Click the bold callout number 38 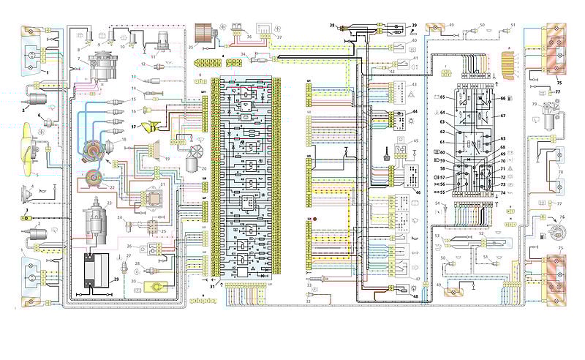(332, 25)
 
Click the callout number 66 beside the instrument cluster (503, 97)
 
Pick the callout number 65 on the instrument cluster (442, 97)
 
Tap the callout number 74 (503, 192)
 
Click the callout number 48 (415, 296)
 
